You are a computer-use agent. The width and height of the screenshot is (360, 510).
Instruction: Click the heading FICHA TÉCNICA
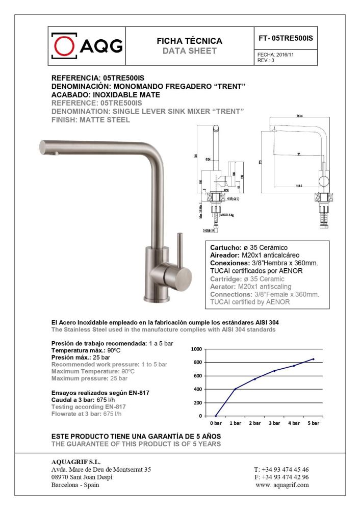coord(189,41)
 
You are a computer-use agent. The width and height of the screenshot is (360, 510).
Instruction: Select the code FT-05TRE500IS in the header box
coord(286,38)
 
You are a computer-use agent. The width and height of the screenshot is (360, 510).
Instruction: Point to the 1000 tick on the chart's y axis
coord(196,349)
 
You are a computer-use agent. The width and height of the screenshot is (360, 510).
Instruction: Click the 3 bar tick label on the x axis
coord(274,423)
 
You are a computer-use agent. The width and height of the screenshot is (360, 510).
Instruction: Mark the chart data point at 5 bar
coord(314,359)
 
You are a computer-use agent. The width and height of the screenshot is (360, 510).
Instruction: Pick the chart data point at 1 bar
coord(235,389)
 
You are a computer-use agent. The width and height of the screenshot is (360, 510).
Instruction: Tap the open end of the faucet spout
coord(43,147)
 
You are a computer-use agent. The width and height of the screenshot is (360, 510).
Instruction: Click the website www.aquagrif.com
coord(282,485)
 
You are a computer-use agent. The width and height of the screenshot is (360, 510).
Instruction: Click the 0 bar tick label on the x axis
coord(216,423)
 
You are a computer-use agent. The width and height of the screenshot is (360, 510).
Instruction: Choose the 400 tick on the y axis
coord(198,389)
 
